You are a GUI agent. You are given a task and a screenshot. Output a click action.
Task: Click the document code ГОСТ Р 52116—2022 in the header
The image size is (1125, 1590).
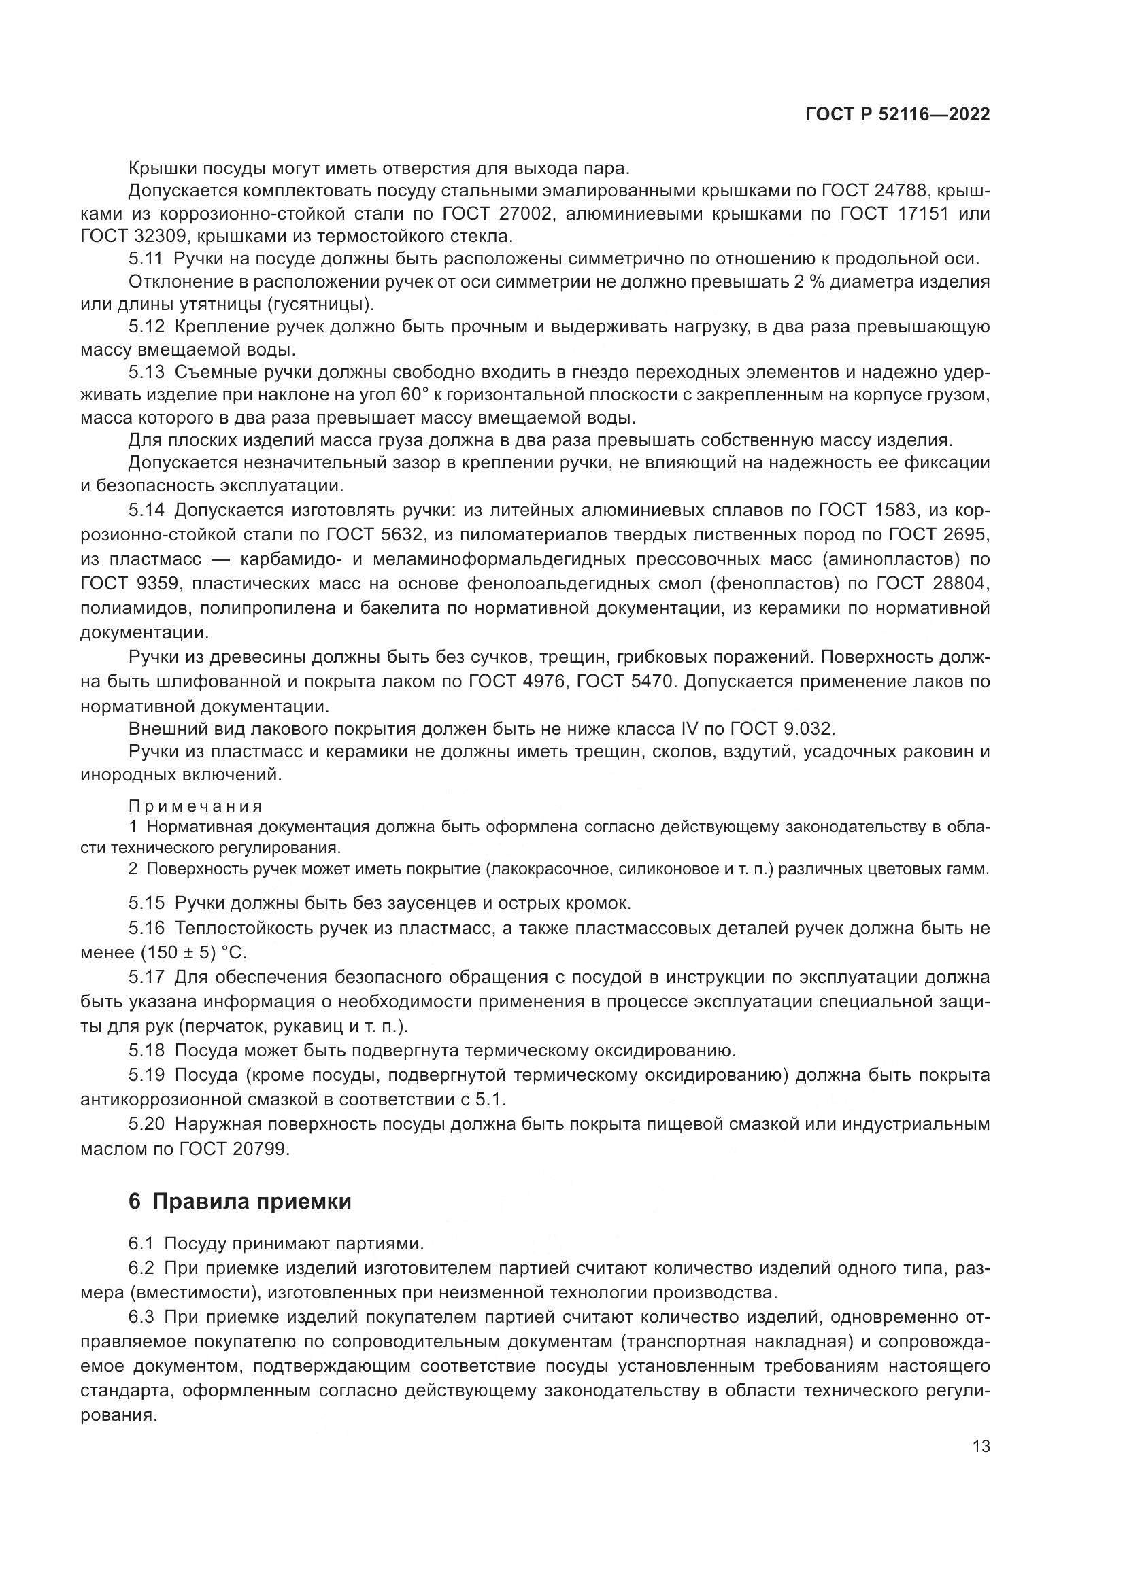coord(897,115)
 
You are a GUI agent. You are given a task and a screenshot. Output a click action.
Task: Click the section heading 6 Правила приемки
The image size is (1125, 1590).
coord(239,1200)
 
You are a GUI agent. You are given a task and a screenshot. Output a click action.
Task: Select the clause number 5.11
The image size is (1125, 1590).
coord(146,259)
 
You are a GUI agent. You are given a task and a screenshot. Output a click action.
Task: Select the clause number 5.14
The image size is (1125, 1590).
coord(146,511)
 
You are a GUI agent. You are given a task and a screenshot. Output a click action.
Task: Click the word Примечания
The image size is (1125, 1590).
coord(196,806)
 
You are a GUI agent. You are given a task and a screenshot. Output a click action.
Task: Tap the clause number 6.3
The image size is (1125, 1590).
coord(146,1317)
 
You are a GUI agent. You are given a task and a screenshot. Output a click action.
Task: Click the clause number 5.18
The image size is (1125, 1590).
coord(146,1050)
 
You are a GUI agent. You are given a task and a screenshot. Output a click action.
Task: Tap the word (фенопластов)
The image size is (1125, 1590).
coord(775,583)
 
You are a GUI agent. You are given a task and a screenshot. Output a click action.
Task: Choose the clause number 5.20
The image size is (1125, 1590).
coord(146,1124)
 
